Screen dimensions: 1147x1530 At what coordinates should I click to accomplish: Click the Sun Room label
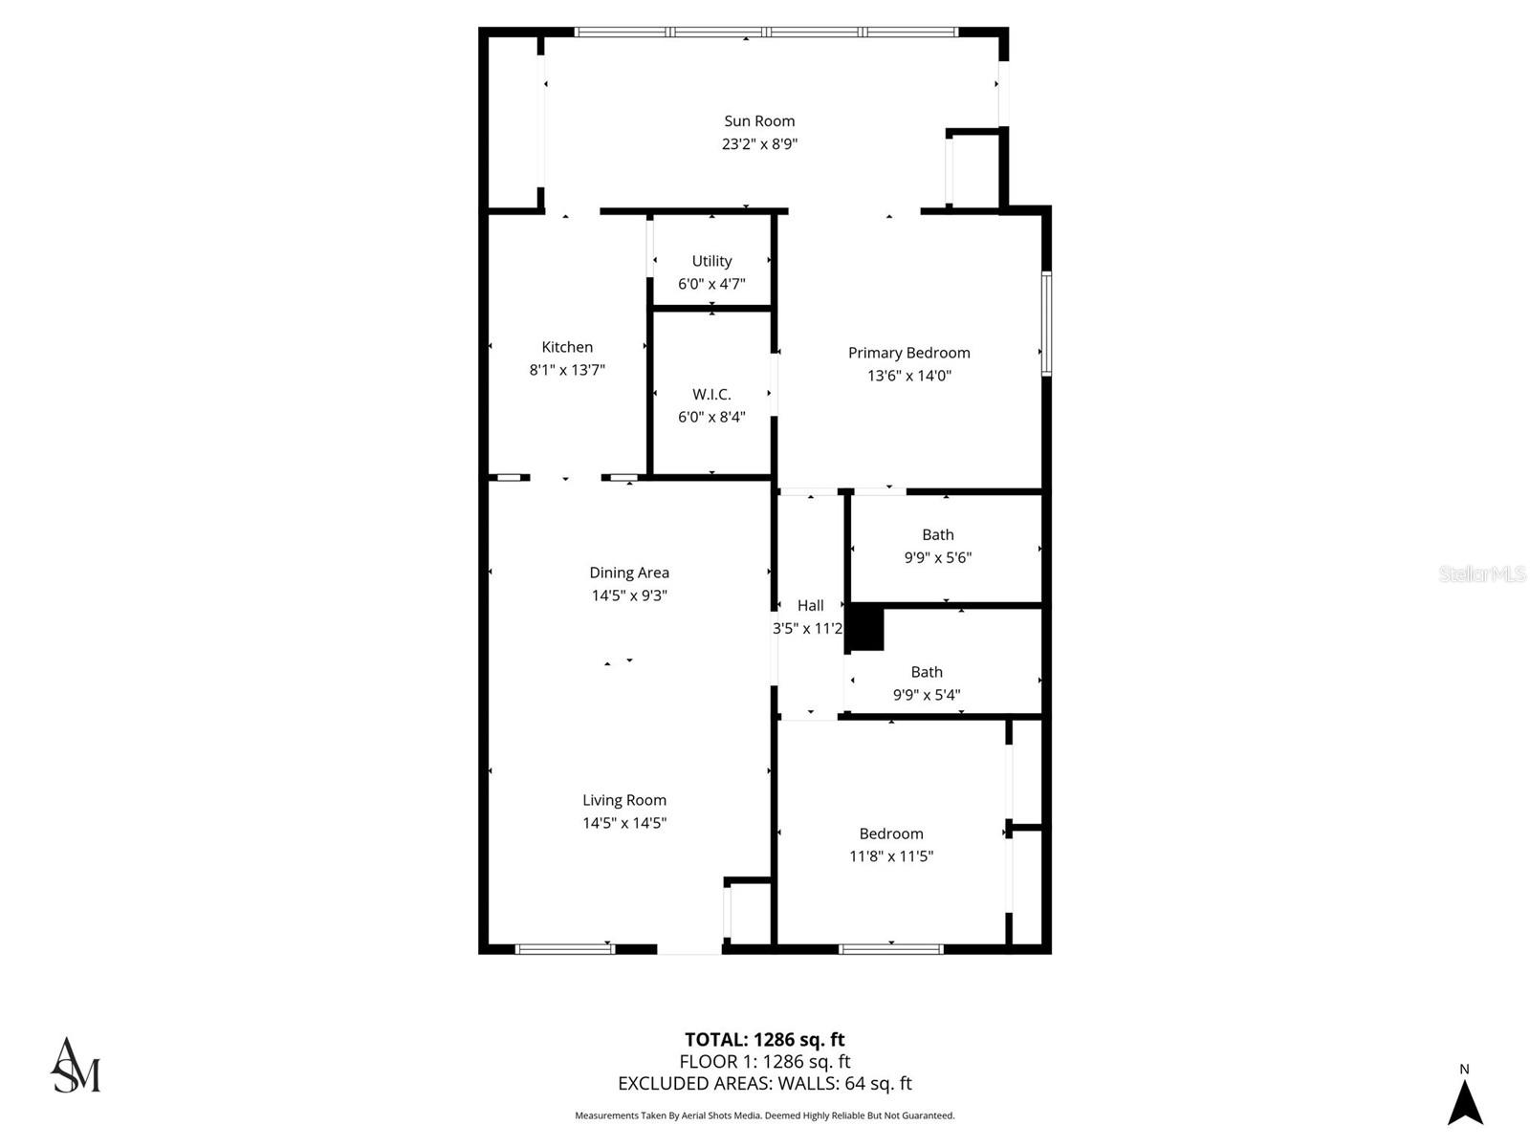coord(759,120)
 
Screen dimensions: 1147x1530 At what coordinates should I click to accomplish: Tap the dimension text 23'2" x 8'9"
coord(759,144)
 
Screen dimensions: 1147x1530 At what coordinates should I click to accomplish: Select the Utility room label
coord(711,261)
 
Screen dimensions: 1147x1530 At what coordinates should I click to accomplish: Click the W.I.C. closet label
coord(711,394)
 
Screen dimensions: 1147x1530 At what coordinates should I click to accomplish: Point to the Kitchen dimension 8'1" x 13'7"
coord(567,370)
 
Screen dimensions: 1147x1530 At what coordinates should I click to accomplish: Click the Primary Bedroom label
coord(908,353)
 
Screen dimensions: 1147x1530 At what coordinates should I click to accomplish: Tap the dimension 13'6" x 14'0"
coord(908,376)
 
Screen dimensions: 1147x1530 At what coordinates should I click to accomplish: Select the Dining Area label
coord(628,573)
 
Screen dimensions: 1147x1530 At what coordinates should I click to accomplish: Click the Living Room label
coord(623,800)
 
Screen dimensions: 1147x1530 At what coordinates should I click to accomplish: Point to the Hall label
coord(810,605)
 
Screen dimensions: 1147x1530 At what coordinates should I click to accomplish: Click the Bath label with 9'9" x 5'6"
coord(937,534)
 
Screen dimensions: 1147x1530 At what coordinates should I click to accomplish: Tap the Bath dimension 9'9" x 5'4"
coord(926,695)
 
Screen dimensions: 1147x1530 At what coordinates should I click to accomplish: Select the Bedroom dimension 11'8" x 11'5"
coord(890,856)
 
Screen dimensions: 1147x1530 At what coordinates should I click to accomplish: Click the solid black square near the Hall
coord(866,629)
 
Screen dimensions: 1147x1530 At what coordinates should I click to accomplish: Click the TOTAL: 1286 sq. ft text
coord(764,1039)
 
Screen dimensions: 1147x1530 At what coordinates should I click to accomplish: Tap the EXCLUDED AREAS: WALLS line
coord(764,1083)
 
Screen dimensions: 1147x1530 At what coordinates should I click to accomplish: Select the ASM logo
coord(75,1065)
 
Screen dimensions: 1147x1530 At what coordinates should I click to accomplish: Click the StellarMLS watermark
coord(1481,573)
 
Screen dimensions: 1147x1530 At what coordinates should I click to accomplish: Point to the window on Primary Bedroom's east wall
coord(1046,323)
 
